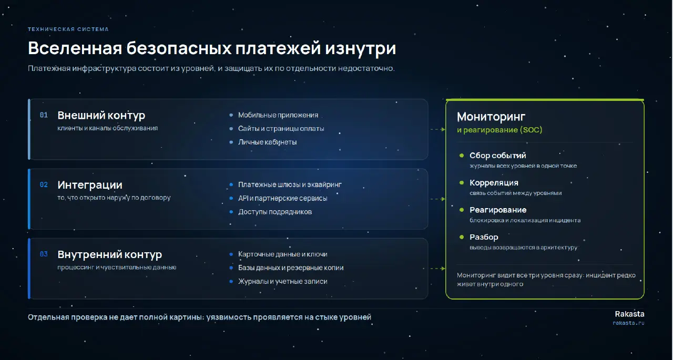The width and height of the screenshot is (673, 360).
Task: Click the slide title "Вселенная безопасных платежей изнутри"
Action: coord(212,48)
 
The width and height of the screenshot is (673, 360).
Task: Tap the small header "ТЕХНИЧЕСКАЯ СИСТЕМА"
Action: coord(68,29)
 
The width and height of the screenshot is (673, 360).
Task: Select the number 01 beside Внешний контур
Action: coord(44,115)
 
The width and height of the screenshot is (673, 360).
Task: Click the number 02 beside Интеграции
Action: coord(44,184)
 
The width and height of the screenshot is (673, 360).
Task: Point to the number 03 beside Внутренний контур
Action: coord(44,254)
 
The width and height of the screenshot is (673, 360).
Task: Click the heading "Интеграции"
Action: coord(90,185)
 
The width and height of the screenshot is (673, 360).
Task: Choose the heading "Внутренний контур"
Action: coord(110,254)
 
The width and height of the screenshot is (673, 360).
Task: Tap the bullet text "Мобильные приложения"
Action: coord(278,115)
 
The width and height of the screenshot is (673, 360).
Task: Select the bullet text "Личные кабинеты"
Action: coord(268,142)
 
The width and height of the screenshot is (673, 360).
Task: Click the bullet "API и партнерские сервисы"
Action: coord(283,198)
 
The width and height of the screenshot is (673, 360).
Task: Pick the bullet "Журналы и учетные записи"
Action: coord(283,281)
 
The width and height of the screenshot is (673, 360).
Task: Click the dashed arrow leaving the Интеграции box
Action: coord(438,199)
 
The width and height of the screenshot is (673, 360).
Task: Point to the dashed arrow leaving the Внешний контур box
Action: coord(438,129)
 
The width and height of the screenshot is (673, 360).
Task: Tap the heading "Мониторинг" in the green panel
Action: coord(491,117)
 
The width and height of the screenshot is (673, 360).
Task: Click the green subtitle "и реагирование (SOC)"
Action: coord(499,130)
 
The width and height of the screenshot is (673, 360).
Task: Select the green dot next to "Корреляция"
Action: coord(462,182)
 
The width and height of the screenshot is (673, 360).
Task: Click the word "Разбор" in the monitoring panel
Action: coord(484,237)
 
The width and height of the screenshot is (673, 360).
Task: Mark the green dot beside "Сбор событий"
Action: coord(462,155)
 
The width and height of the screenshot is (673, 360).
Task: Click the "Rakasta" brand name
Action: coord(629,314)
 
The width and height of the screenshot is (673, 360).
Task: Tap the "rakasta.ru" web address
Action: coord(628,323)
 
